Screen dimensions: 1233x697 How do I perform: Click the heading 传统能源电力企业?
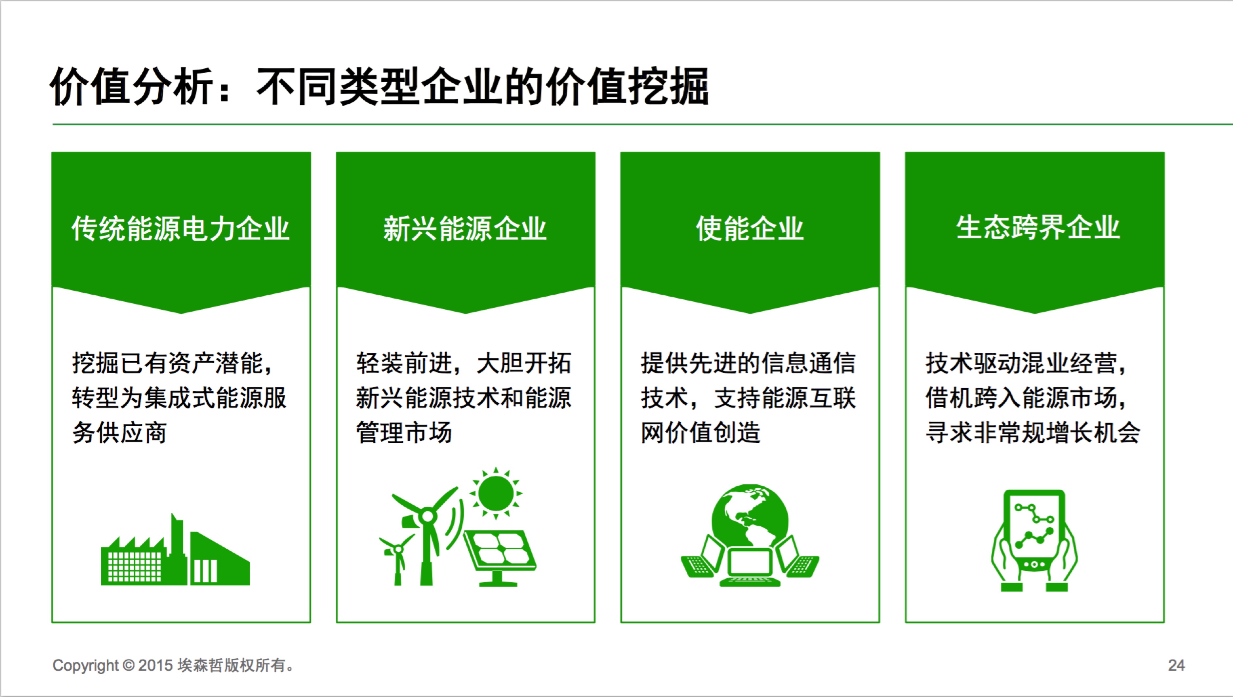click(x=180, y=228)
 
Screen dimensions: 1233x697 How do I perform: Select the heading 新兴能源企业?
click(x=465, y=228)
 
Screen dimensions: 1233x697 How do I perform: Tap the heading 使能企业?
click(x=750, y=228)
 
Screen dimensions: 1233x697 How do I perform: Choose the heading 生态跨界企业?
click(x=1038, y=227)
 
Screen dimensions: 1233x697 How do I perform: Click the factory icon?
click(x=175, y=550)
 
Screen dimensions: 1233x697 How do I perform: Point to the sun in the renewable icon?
click(x=496, y=493)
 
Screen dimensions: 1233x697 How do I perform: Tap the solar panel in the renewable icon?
click(x=499, y=558)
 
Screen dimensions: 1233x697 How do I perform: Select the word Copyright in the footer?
click(x=85, y=665)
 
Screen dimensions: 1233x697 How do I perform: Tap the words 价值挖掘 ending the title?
click(x=627, y=86)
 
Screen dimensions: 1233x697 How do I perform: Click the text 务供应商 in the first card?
click(x=119, y=433)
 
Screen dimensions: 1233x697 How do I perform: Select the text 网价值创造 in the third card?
click(x=701, y=433)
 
